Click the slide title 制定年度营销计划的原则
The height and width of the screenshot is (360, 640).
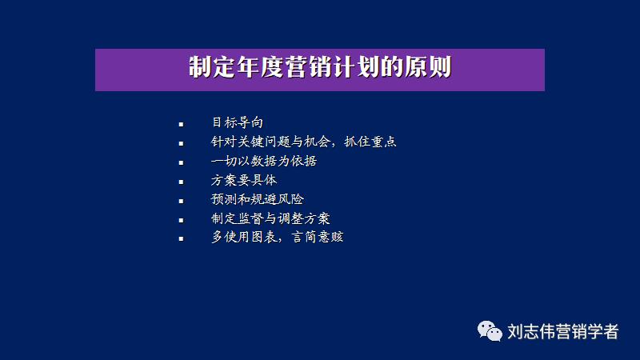319,68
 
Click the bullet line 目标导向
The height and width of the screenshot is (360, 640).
237,122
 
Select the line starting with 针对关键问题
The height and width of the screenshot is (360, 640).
304,142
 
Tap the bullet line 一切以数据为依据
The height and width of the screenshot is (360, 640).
264,161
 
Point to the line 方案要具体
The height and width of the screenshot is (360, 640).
243,180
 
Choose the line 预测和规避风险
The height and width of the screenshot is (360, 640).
258,199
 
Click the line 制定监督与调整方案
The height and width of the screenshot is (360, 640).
271,218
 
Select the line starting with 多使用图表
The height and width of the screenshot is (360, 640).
277,238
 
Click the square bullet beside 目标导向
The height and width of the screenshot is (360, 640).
182,124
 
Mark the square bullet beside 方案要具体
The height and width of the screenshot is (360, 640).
182,182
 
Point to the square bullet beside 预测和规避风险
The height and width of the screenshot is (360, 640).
182,201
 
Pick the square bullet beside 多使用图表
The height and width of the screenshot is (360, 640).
182,239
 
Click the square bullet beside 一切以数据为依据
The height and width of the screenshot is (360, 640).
182,162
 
